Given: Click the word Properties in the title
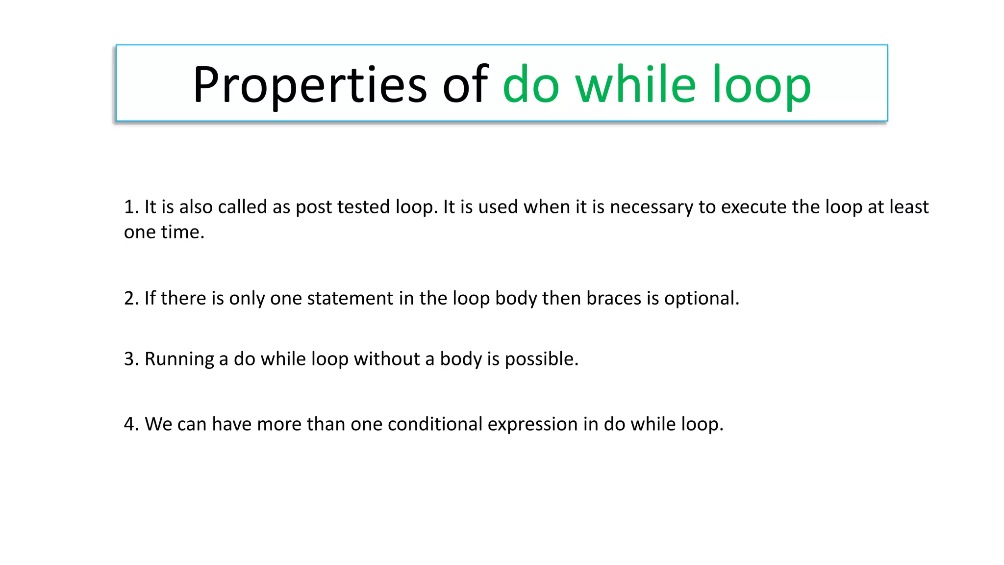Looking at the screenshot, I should click(x=310, y=85).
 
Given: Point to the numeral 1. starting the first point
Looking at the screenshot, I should click(x=131, y=207).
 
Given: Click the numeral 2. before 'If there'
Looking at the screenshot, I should click(x=131, y=298).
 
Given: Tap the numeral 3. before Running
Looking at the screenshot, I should click(x=131, y=359).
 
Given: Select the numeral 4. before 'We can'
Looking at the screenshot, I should click(x=131, y=424).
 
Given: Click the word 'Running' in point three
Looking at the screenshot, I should click(x=179, y=360).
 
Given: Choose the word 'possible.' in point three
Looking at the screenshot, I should click(x=541, y=360).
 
